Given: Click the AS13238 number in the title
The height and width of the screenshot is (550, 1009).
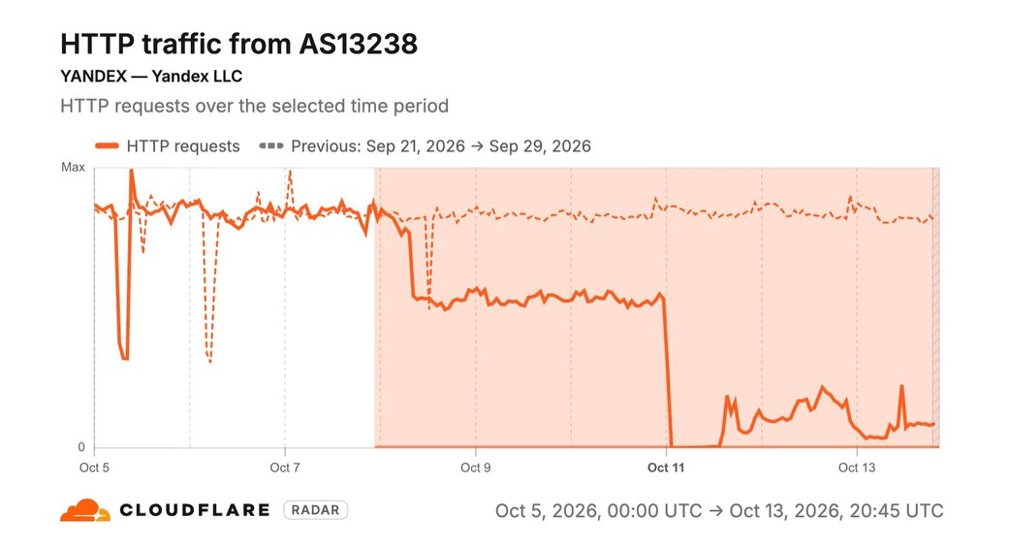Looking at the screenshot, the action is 358,44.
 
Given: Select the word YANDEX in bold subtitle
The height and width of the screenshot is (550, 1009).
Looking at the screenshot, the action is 93,76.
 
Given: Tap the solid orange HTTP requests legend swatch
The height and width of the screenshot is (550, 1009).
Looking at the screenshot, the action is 107,146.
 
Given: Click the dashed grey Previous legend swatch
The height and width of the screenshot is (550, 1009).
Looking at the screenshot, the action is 271,146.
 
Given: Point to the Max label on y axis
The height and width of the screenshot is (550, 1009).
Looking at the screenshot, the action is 73,168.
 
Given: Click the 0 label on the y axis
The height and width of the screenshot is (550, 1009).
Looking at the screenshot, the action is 81,447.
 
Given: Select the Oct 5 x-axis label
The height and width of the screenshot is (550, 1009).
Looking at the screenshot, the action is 94,468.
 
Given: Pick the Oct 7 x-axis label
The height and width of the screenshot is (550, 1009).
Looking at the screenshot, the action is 284,468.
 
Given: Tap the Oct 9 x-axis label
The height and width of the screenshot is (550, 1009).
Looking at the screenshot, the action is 476,468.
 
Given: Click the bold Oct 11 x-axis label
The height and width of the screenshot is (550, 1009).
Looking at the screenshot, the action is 666,468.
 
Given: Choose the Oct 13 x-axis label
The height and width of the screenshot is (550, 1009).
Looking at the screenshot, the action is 857,468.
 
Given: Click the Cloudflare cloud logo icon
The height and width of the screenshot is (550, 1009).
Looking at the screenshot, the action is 85,510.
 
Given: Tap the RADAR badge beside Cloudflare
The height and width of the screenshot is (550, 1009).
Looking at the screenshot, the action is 315,510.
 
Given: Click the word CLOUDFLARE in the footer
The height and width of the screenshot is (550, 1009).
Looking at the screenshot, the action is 194,510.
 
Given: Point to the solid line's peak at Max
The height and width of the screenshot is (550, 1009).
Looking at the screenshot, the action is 131,170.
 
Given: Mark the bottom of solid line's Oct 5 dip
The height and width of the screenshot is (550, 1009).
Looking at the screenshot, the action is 125,358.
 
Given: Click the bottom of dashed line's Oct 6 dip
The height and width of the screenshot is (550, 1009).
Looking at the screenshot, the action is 209,361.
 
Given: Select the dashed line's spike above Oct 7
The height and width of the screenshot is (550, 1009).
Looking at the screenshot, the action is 290,172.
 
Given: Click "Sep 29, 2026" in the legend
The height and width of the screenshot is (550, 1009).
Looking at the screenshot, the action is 540,146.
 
